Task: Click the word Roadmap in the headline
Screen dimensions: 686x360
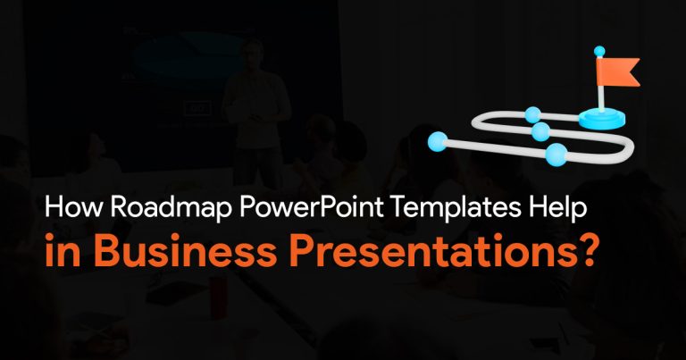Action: click(171, 207)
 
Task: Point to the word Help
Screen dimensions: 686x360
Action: click(557, 208)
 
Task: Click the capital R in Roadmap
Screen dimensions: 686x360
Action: click(119, 207)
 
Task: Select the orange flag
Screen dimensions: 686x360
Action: click(617, 72)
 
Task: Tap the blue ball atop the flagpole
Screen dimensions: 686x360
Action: click(599, 51)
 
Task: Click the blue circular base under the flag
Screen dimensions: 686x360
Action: click(602, 119)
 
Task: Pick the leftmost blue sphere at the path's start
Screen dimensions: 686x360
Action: click(438, 142)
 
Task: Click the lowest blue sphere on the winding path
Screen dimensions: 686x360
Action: click(556, 155)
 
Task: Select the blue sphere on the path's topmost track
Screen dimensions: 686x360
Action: click(532, 115)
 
